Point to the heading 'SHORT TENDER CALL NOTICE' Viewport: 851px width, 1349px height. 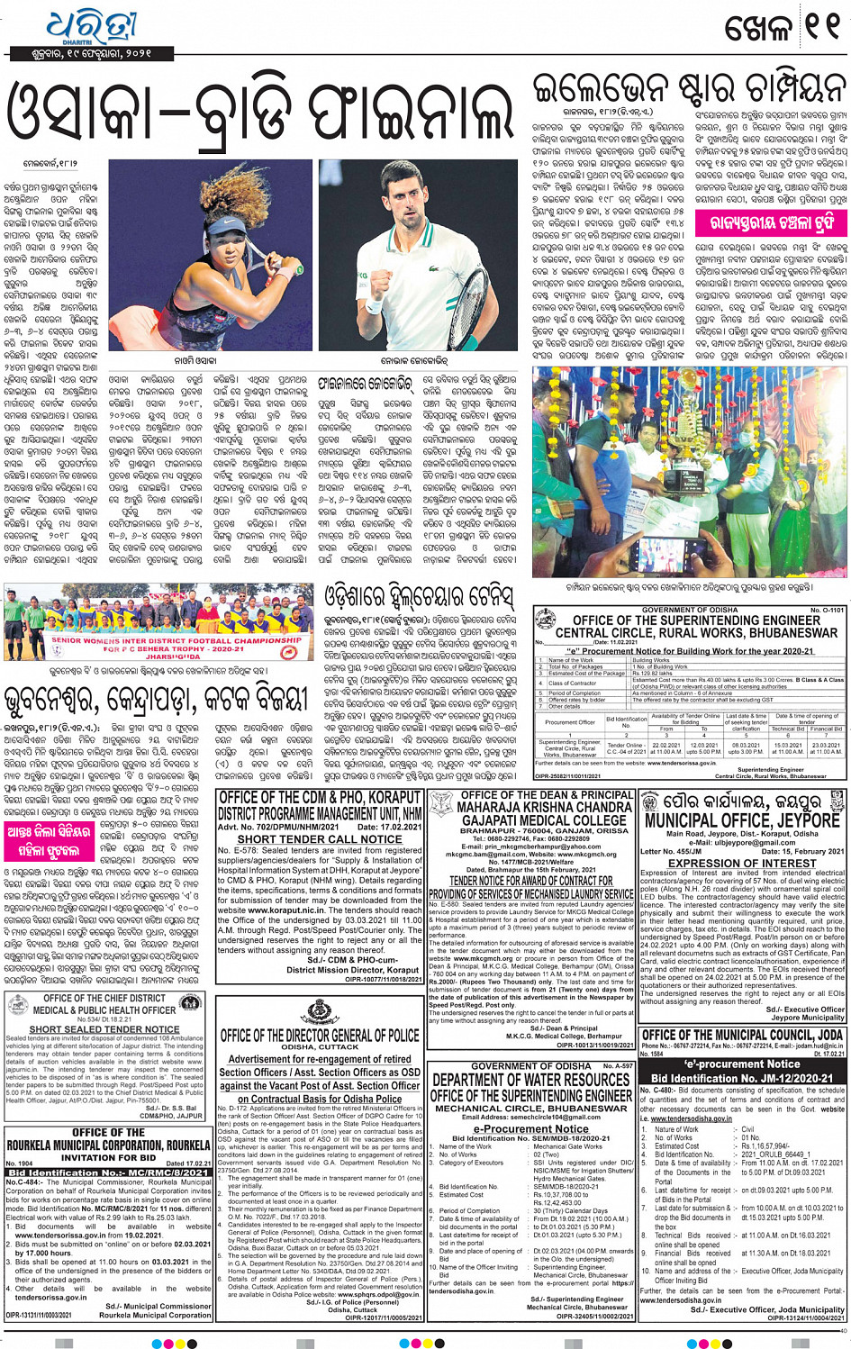point(320,838)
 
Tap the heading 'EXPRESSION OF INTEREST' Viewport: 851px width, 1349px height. point(742,863)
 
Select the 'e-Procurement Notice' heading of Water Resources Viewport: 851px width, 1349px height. point(530,1127)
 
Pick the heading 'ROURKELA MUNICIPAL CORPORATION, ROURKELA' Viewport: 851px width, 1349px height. point(108,1145)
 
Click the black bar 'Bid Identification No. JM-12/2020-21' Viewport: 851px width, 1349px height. point(742,1078)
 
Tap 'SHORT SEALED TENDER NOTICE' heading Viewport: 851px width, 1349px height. point(104,1028)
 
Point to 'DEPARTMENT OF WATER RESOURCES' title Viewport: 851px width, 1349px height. point(530,1080)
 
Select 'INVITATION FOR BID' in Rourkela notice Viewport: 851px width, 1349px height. point(108,1157)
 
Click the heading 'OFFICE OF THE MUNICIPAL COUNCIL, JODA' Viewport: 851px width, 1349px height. point(742,1036)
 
